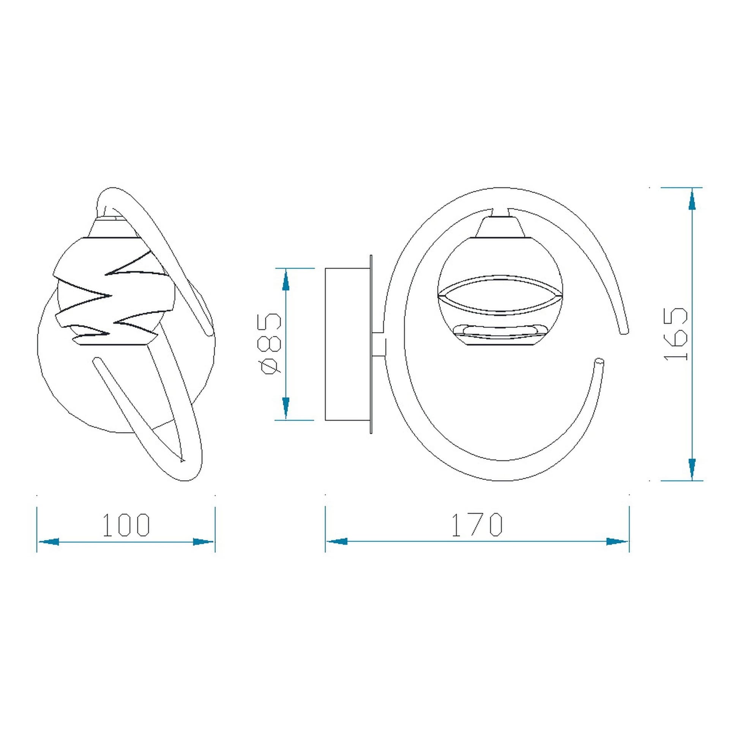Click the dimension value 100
(127, 525)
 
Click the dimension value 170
(477, 525)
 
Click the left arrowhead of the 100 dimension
(49, 542)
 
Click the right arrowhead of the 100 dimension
(204, 542)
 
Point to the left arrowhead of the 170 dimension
(337, 541)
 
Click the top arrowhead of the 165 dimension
(692, 199)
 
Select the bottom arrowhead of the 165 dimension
(692, 469)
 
